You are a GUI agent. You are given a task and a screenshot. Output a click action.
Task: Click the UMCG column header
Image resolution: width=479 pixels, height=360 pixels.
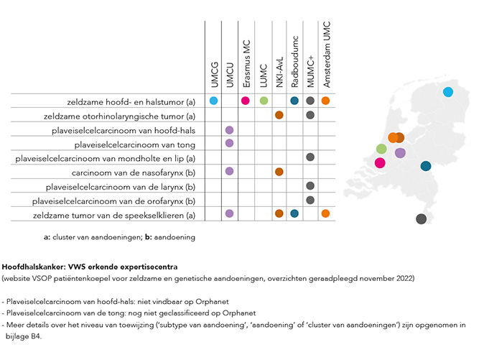pyautogui.click(x=215, y=74)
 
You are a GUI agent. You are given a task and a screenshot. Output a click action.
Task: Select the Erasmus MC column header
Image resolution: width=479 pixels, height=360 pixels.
pyautogui.click(x=246, y=63)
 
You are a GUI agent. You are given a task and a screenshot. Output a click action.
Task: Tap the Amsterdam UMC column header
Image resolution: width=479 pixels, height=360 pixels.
pyautogui.click(x=327, y=55)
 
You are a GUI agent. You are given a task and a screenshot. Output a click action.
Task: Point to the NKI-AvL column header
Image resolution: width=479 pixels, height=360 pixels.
pyautogui.click(x=279, y=72)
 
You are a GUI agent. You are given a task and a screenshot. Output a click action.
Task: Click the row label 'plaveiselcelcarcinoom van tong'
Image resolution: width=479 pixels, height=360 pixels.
pyautogui.click(x=135, y=144)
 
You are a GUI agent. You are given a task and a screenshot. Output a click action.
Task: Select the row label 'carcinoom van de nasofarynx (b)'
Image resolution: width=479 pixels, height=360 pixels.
pyautogui.click(x=134, y=173)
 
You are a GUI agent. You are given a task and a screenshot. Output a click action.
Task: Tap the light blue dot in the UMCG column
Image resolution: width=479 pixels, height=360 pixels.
pyautogui.click(x=214, y=101)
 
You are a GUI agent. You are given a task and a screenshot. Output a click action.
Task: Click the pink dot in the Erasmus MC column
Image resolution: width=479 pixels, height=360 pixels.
pyautogui.click(x=246, y=101)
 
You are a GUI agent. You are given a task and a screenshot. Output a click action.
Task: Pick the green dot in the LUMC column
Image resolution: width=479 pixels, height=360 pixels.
pyautogui.click(x=264, y=101)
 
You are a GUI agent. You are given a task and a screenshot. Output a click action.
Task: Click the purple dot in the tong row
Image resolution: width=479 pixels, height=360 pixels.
pyautogui.click(x=229, y=143)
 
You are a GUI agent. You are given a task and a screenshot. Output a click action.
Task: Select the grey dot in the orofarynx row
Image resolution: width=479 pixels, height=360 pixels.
pyautogui.click(x=310, y=200)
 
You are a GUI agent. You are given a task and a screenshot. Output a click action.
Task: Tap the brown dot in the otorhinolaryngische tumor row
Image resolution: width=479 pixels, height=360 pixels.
pyautogui.click(x=279, y=115)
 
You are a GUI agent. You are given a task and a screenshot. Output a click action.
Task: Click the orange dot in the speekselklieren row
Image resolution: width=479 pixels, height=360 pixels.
pyautogui.click(x=325, y=213)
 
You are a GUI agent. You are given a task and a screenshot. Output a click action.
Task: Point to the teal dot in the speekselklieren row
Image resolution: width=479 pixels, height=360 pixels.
pyautogui.click(x=294, y=213)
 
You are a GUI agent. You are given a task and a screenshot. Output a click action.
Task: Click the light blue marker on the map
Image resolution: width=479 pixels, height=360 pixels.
pyautogui.click(x=448, y=92)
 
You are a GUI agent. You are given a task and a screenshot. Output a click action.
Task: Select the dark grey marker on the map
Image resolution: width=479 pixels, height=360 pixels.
pyautogui.click(x=422, y=219)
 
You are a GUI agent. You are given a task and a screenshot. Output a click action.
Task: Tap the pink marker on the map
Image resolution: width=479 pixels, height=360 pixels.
pyautogui.click(x=380, y=163)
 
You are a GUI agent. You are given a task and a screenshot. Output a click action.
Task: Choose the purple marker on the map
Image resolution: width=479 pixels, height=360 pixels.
pyautogui.click(x=400, y=153)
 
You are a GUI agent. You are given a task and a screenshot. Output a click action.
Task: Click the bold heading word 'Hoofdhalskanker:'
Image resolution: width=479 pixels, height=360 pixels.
pyautogui.click(x=34, y=267)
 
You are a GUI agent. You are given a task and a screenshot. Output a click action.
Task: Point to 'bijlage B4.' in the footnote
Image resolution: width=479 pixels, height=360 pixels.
pyautogui.click(x=24, y=336)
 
